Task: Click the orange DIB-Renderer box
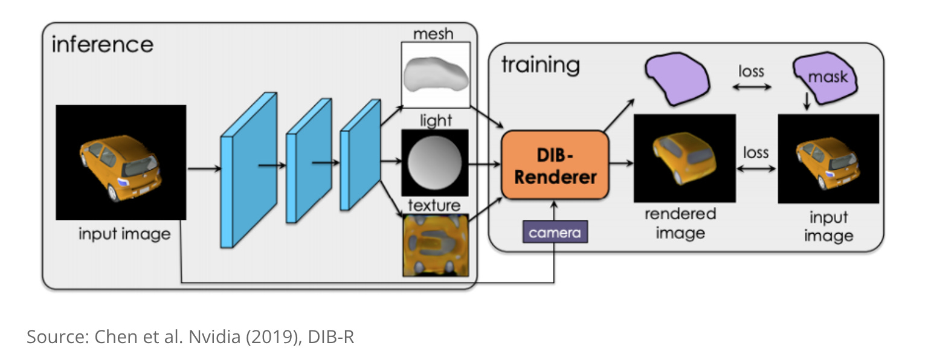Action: (x=554, y=164)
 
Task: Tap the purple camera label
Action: (x=555, y=232)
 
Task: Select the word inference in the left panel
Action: (x=102, y=44)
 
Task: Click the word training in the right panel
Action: (x=540, y=65)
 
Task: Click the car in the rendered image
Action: (x=684, y=159)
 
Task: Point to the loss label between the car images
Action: (x=755, y=152)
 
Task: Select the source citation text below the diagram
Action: (x=190, y=337)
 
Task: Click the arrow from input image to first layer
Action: (x=203, y=170)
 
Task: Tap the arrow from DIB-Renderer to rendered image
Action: (x=620, y=162)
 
